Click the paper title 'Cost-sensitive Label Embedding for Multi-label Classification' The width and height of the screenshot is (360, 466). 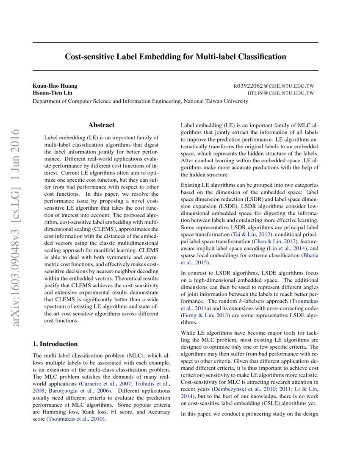click(x=175, y=57)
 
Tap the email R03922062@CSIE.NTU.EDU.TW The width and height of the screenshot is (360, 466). click(x=274, y=86)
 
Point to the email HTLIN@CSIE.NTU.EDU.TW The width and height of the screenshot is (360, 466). click(x=280, y=93)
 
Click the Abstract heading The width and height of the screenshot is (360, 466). click(x=101, y=125)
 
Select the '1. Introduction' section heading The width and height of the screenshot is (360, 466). click(x=55, y=344)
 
